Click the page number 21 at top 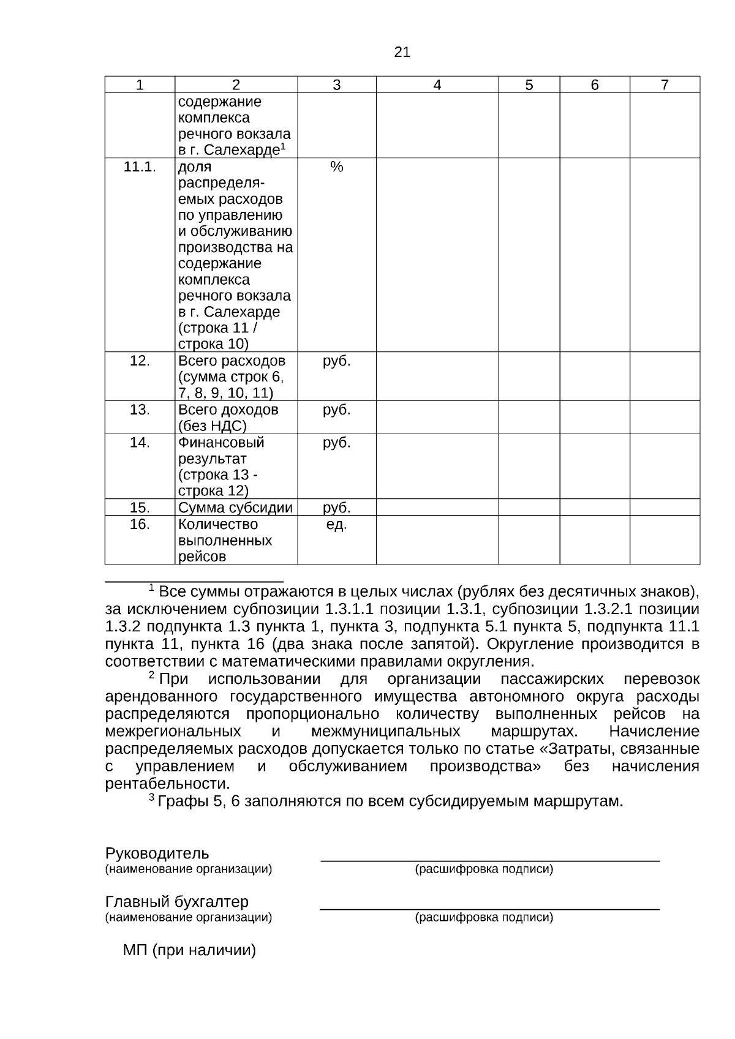[x=402, y=53]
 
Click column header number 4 [x=437, y=85]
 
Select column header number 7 [x=665, y=85]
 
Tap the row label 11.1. [x=140, y=167]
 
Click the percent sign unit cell [x=336, y=167]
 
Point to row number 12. [x=140, y=361]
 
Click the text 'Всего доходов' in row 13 [x=228, y=410]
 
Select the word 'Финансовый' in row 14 [x=221, y=442]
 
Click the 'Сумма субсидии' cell [x=235, y=508]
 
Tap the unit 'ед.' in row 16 [x=336, y=524]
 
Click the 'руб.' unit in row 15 [x=336, y=508]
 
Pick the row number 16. [x=140, y=524]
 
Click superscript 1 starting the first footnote [x=151, y=588]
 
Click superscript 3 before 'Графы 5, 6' [x=151, y=797]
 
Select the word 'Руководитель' [x=157, y=853]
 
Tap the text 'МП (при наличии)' [x=189, y=950]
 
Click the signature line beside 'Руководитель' [x=490, y=860]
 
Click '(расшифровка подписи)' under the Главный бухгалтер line [x=484, y=917]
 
